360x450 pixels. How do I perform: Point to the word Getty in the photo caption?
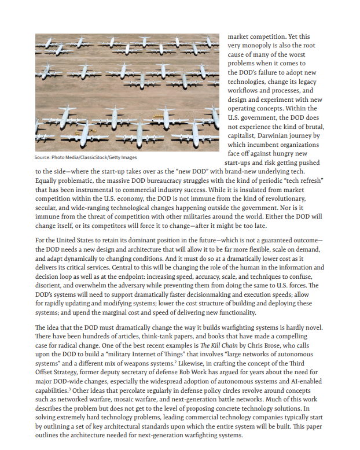tap(108, 157)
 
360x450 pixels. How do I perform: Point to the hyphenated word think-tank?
tap(163, 337)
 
